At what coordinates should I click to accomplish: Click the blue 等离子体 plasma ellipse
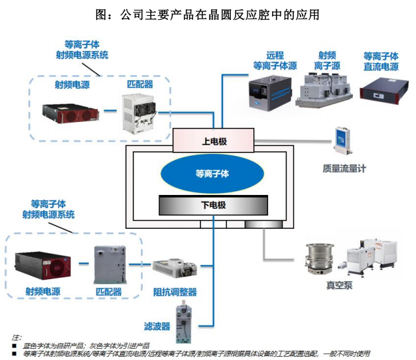pyautogui.click(x=212, y=174)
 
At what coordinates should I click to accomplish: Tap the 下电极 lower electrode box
pyautogui.click(x=213, y=206)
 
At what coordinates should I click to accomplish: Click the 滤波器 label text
pyautogui.click(x=157, y=326)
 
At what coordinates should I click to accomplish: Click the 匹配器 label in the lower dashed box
pyautogui.click(x=109, y=290)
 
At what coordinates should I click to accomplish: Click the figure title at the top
pyautogui.click(x=208, y=14)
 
